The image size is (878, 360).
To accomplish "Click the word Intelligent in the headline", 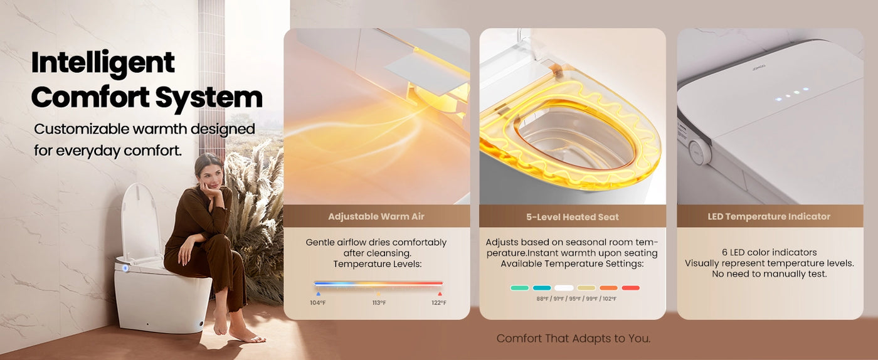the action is coord(103,63).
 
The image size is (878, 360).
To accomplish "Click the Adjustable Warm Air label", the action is coord(376,216).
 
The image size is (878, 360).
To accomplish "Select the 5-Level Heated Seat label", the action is coord(572,217).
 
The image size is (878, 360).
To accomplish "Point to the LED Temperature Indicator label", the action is coord(769,216).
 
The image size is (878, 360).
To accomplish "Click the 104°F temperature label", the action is coord(318,303).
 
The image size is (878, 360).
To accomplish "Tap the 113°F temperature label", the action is coord(379,303).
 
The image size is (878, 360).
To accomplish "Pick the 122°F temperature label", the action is coord(439,303).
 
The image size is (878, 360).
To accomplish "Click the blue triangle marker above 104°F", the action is coord(319,294).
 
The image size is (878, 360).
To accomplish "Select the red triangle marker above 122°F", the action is coord(440,294).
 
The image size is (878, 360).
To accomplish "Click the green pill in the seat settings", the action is coord(519,288).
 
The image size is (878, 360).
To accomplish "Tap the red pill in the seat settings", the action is coord(631,288).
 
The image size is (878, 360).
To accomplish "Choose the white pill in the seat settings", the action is coord(564,288).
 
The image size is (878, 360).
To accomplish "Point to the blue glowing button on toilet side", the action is coord(125,268).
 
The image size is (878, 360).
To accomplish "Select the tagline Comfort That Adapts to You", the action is coord(573,339).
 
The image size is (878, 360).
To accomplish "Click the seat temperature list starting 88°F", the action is coord(576,299).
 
